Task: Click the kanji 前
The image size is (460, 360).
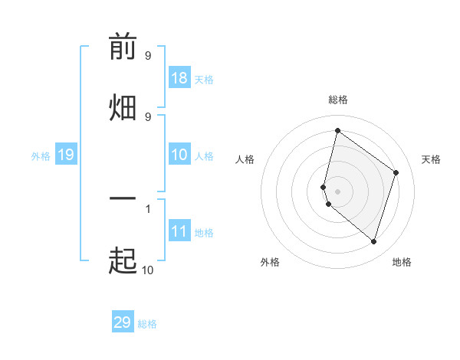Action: point(123,48)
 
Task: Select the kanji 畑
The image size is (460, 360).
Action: point(123,107)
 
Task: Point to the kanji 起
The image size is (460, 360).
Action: point(123,260)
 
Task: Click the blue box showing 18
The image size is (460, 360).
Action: point(179,78)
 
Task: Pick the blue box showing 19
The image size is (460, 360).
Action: point(66,155)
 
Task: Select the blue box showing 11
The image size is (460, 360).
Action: point(179,231)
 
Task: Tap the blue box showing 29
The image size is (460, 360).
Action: point(123,322)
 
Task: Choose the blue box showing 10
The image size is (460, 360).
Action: point(179,155)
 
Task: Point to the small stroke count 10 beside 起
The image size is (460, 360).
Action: point(147,270)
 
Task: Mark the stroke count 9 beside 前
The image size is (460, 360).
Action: point(148,56)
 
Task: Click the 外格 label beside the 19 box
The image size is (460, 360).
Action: point(41,156)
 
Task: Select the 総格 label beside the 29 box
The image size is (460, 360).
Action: point(147,324)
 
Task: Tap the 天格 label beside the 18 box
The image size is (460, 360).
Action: point(204,80)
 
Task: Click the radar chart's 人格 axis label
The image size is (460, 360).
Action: point(245,159)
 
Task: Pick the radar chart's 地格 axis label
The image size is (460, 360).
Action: point(402,262)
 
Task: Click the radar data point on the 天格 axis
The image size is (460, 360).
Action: point(396,173)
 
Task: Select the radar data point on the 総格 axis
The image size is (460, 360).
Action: point(337,130)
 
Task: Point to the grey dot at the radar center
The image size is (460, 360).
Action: point(337,190)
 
